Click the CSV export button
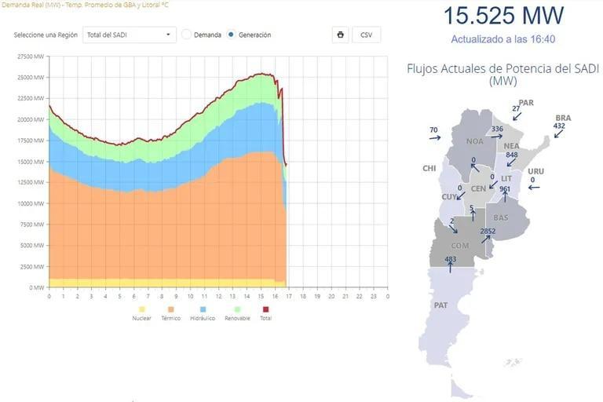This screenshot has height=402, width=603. click(x=366, y=35)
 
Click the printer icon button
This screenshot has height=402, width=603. click(x=340, y=35)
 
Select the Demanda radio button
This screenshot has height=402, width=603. click(x=187, y=35)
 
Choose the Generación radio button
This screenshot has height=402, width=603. click(x=231, y=35)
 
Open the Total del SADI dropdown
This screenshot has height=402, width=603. click(x=130, y=35)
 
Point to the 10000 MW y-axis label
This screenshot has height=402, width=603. click(x=31, y=203)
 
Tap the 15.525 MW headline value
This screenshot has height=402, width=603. click(x=503, y=16)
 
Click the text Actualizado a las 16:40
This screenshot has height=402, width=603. click(x=503, y=38)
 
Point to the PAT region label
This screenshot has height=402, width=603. click(x=440, y=305)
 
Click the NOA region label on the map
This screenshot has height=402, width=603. click(x=475, y=142)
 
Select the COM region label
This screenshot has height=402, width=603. click(x=460, y=246)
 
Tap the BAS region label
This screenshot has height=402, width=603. click(x=501, y=217)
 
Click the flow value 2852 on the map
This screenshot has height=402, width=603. click(x=488, y=231)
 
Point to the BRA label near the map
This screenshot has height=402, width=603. click(x=563, y=118)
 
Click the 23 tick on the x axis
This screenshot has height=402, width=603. click(x=374, y=296)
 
